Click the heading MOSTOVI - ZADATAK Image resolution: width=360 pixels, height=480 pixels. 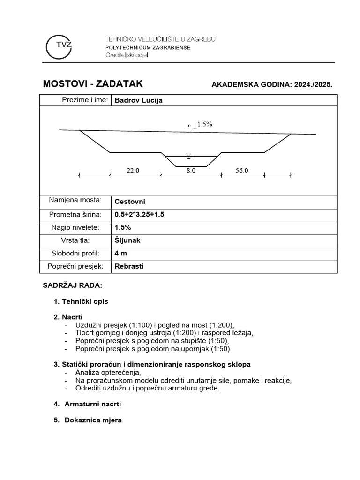[93, 84]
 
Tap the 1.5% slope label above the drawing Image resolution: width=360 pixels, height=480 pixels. [204, 124]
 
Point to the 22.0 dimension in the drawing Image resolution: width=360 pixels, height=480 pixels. [133, 171]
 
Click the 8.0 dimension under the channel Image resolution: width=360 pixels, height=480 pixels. [191, 171]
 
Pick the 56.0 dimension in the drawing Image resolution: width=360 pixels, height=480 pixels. [242, 171]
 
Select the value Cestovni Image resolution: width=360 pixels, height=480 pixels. [130, 202]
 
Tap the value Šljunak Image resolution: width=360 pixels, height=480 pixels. [127, 240]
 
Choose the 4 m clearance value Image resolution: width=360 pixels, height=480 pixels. [120, 253]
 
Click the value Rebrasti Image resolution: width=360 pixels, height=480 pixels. [129, 266]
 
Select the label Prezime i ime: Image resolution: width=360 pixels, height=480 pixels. [85, 100]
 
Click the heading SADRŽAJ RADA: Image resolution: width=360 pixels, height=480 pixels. [72, 285]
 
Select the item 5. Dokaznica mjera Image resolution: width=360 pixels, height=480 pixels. [88, 420]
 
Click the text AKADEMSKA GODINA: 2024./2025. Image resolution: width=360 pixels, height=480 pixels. [272, 85]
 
